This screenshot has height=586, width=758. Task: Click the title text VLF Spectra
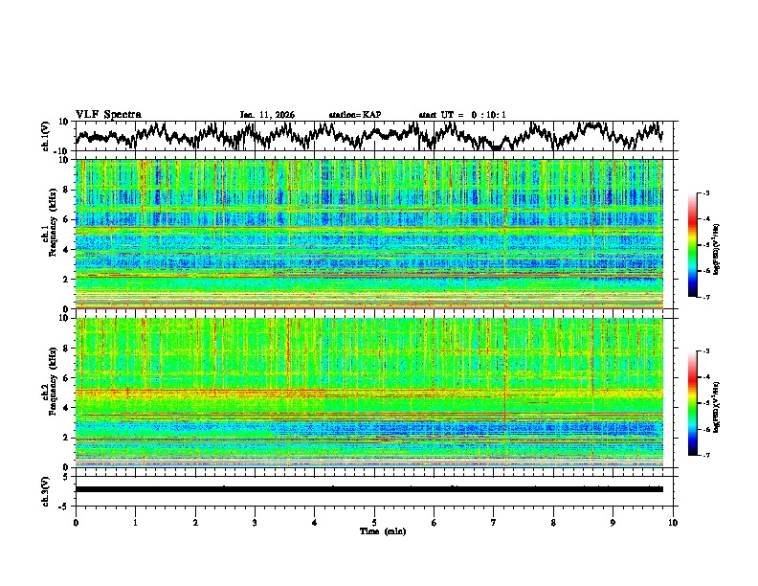pos(108,114)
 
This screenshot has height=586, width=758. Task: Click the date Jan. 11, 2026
pos(267,115)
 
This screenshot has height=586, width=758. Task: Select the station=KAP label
pos(354,115)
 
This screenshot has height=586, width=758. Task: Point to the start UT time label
pos(462,115)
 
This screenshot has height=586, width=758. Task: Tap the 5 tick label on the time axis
pos(374,522)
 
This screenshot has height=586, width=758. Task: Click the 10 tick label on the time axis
pos(673,522)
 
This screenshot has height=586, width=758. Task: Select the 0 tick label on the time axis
pos(76,522)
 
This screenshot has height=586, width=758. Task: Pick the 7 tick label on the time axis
pos(494,522)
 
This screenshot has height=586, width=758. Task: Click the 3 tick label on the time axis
pos(255,522)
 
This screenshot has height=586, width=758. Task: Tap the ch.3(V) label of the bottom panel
pos(46,488)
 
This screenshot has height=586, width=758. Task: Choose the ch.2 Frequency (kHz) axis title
pos(46,392)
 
